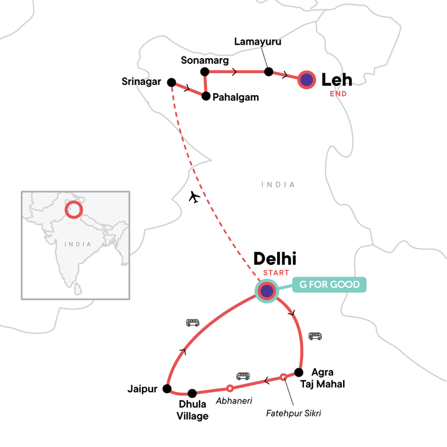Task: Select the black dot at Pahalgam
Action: tap(206, 96)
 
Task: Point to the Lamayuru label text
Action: tap(258, 42)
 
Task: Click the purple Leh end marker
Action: tap(306, 80)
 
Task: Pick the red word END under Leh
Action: tap(338, 94)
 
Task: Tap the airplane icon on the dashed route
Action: tap(194, 197)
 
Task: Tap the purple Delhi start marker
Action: tap(267, 291)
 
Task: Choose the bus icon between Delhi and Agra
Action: tap(315, 336)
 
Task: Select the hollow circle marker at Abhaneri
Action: tap(230, 388)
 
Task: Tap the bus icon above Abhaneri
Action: tap(243, 376)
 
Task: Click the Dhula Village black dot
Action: tap(192, 392)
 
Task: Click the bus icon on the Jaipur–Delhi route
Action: tap(192, 322)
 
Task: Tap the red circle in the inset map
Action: tap(73, 210)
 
